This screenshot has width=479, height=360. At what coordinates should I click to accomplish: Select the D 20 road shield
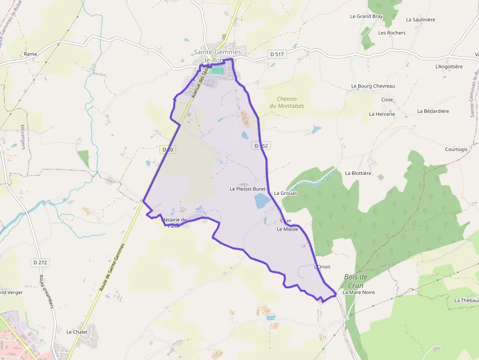(x=167, y=149)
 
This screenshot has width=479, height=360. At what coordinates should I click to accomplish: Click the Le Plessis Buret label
(x=247, y=189)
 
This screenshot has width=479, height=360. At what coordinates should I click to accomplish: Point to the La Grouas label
(x=285, y=193)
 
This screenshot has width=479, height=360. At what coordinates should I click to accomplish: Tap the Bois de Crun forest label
(x=355, y=281)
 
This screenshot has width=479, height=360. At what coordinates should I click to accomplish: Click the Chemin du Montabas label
(x=286, y=102)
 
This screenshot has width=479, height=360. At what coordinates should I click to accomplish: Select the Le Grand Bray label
(x=366, y=16)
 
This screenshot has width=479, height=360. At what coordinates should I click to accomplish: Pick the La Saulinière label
(x=420, y=20)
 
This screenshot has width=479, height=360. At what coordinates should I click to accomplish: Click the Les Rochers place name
(x=392, y=33)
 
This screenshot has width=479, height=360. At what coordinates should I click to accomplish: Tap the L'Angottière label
(x=449, y=66)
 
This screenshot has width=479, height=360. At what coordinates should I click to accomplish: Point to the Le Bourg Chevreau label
(x=373, y=86)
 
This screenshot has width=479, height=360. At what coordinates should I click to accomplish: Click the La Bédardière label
(x=433, y=111)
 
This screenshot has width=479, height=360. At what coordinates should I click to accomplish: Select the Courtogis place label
(x=456, y=149)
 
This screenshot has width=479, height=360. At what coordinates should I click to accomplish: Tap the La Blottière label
(x=358, y=173)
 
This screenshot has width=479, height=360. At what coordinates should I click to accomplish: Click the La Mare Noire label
(x=358, y=292)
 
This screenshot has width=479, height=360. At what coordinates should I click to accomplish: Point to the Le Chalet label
(x=77, y=332)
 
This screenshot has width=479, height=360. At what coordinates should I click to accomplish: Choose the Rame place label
(x=30, y=54)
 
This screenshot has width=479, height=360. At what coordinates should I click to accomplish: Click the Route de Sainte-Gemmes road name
(x=112, y=268)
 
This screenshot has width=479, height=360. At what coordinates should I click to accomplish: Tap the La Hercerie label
(x=382, y=114)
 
